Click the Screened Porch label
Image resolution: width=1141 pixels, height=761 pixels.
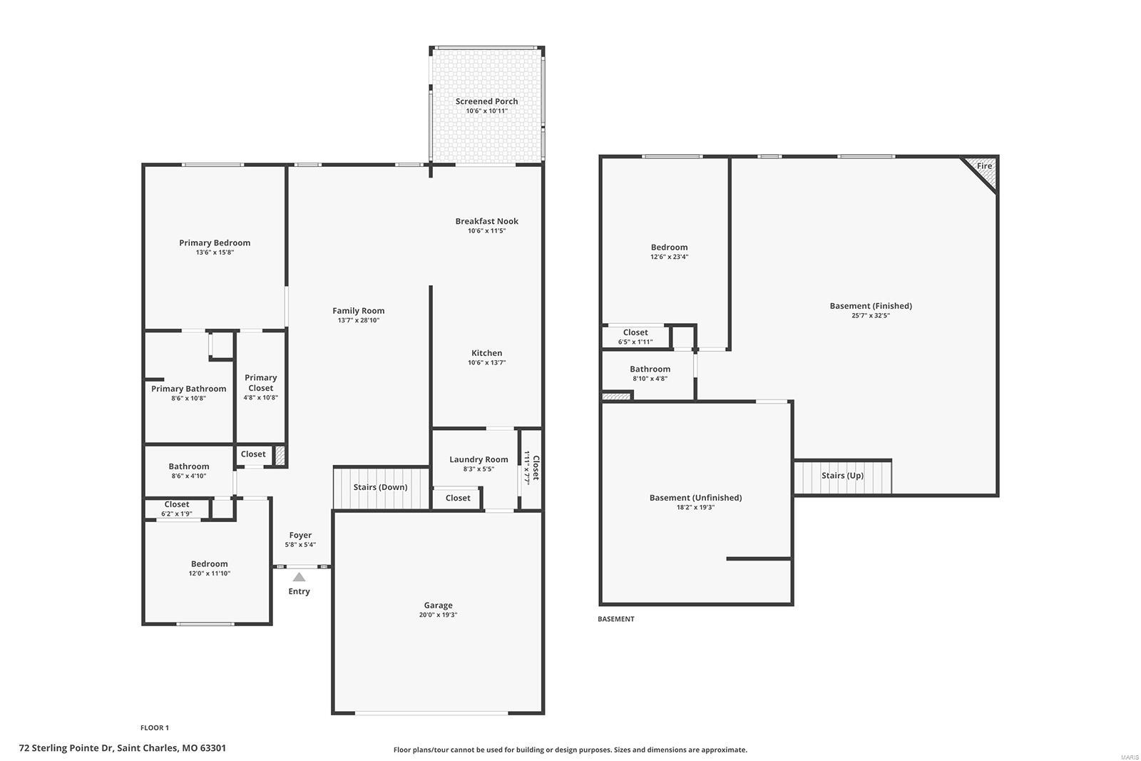486,101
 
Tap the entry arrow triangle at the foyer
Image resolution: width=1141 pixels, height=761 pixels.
299,577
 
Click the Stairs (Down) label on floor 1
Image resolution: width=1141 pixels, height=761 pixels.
380,487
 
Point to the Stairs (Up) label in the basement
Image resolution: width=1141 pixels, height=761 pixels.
842,476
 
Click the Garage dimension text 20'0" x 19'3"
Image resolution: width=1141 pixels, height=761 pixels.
438,615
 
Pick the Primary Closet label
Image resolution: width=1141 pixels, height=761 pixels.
260,383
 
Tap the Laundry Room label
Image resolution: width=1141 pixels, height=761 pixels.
479,459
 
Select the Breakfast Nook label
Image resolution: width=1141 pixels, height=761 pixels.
486,221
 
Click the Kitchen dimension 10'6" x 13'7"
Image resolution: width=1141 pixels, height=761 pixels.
486,363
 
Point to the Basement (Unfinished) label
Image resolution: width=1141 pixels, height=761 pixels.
695,498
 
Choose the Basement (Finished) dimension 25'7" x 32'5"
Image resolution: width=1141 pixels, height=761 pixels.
871,315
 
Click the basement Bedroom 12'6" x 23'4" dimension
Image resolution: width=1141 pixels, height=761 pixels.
669,257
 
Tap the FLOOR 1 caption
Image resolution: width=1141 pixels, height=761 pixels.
155,728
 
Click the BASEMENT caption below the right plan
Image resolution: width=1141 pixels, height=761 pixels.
615,619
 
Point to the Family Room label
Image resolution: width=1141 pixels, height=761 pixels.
358,310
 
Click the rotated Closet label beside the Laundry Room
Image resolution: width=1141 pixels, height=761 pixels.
536,468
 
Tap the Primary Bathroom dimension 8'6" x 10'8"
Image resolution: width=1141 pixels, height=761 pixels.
188,399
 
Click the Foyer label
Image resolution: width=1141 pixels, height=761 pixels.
300,535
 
